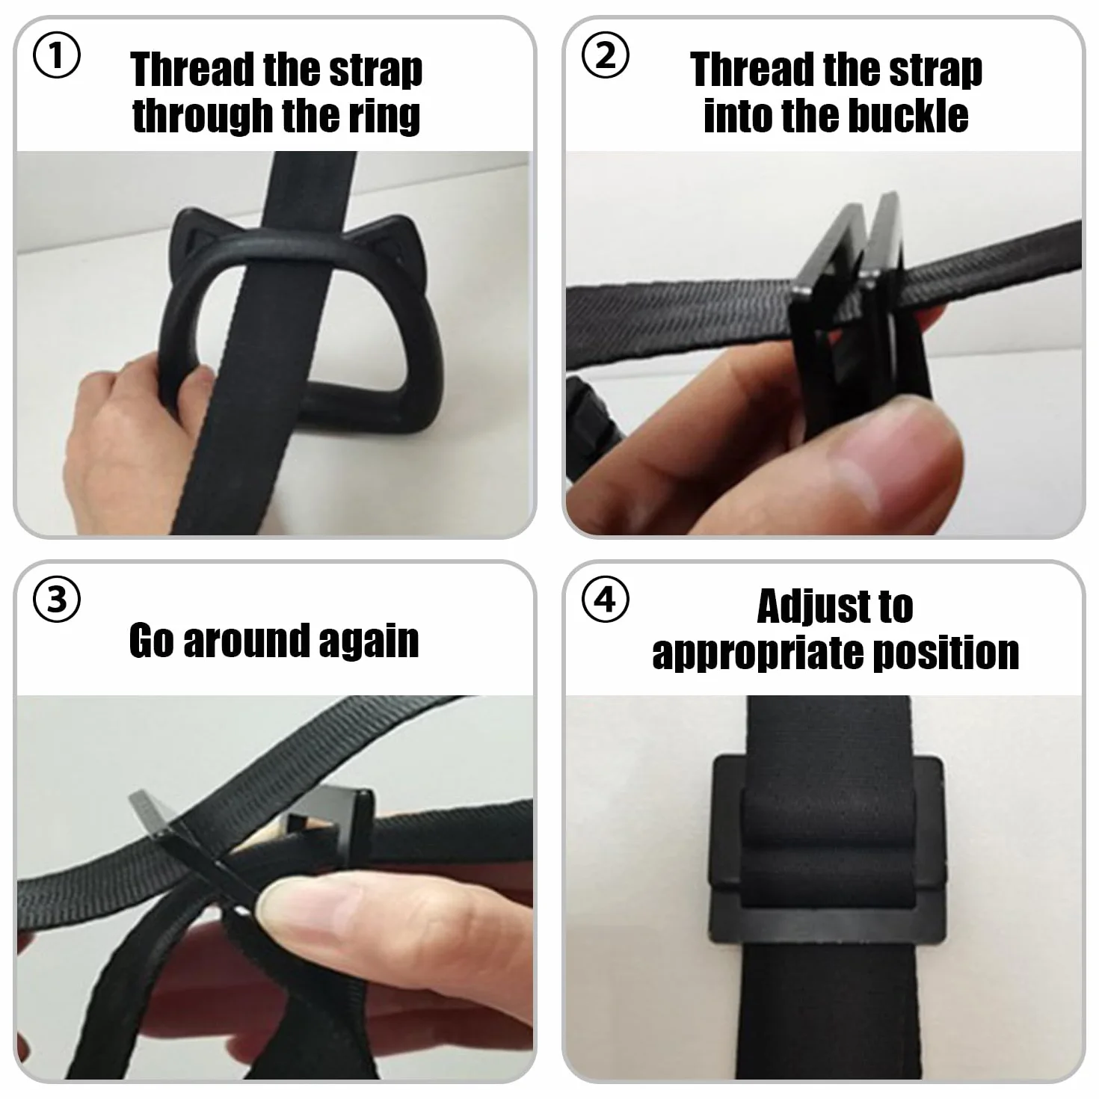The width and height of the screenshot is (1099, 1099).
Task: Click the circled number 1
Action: (57, 55)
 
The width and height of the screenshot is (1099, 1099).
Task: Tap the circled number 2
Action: (605, 55)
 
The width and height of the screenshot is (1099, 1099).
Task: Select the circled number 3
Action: (57, 600)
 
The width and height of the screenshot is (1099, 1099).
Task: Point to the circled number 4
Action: (605, 600)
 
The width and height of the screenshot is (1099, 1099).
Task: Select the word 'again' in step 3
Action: (369, 641)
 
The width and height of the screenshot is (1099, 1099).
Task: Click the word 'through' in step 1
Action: (203, 117)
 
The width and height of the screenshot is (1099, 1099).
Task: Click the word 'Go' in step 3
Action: (151, 641)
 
